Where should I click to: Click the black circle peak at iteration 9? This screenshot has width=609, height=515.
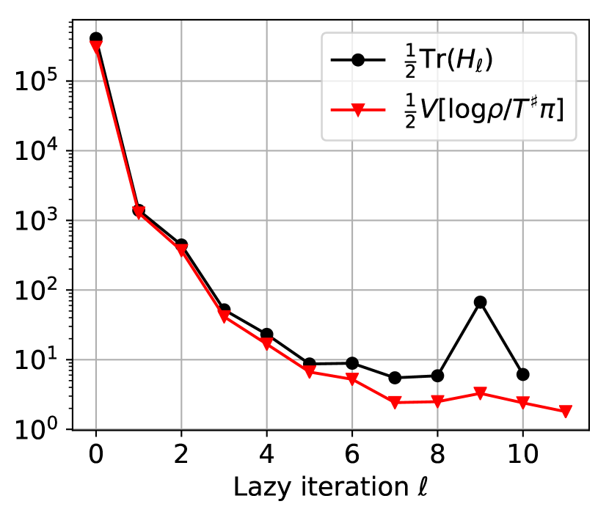click(480, 302)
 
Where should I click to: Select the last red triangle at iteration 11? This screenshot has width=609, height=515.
click(565, 412)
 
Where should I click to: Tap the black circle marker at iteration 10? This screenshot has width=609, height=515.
click(522, 374)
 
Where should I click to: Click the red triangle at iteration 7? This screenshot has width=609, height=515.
click(395, 402)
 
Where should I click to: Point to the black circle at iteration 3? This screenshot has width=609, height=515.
click(224, 310)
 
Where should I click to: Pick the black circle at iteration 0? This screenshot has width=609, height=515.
click(95, 38)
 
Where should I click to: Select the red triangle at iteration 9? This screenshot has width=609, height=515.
click(480, 393)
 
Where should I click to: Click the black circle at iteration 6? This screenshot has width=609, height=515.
click(352, 363)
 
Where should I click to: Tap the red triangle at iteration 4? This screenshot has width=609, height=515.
click(266, 343)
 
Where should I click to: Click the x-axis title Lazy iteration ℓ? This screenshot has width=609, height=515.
click(330, 487)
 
